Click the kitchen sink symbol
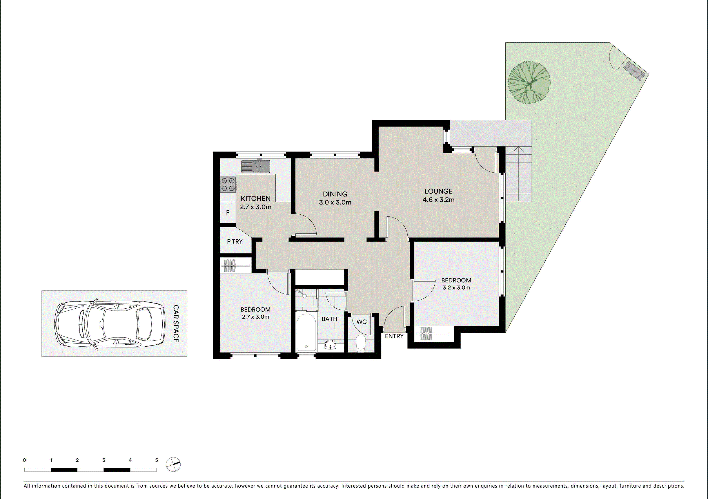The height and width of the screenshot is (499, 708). (x=256, y=166)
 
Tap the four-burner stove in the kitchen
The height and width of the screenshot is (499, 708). (x=228, y=184)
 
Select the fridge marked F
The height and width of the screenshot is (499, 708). (x=228, y=213)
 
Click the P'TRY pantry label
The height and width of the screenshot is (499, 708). (x=235, y=242)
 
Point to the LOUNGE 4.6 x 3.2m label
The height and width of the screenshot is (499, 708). (x=438, y=195)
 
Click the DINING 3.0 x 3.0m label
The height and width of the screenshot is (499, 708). (x=335, y=198)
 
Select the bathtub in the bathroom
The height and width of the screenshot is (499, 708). (x=306, y=332)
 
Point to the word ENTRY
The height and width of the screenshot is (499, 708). (x=394, y=336)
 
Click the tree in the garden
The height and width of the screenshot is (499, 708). (x=529, y=82)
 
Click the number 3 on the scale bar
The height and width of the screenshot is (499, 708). (x=104, y=460)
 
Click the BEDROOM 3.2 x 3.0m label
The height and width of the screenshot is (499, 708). (x=456, y=284)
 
